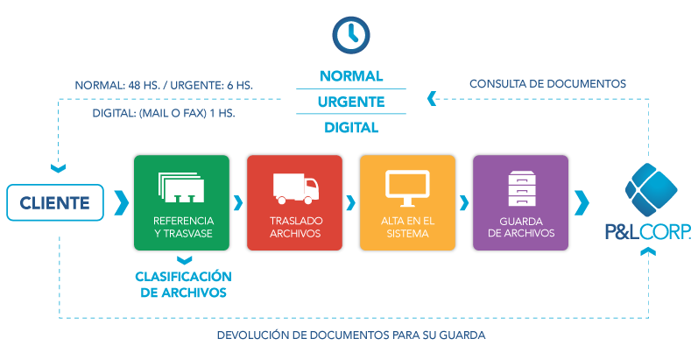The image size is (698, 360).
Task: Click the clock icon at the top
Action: [x=350, y=34]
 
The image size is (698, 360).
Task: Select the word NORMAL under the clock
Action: [x=351, y=76]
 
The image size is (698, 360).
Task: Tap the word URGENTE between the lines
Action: [x=351, y=102]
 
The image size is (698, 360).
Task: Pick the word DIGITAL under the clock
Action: [x=351, y=127]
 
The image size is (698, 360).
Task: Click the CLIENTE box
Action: [x=55, y=203]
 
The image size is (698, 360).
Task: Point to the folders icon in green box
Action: [x=181, y=187]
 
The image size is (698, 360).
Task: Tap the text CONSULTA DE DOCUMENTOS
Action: [x=547, y=84]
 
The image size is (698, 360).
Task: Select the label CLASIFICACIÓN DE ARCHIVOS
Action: [x=181, y=284]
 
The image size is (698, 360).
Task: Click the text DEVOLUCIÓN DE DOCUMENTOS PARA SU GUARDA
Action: [x=350, y=335]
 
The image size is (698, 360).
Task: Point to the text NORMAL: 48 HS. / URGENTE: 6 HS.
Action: [x=164, y=85]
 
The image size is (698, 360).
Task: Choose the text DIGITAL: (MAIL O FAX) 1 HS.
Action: [x=164, y=113]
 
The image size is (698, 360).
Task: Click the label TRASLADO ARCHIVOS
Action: [x=294, y=227]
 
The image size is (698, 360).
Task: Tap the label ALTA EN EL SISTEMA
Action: [x=407, y=227]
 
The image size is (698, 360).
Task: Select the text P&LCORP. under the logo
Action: [x=648, y=232]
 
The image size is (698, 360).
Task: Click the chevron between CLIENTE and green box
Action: [x=121, y=202]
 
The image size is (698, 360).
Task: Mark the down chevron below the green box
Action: [x=181, y=260]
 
